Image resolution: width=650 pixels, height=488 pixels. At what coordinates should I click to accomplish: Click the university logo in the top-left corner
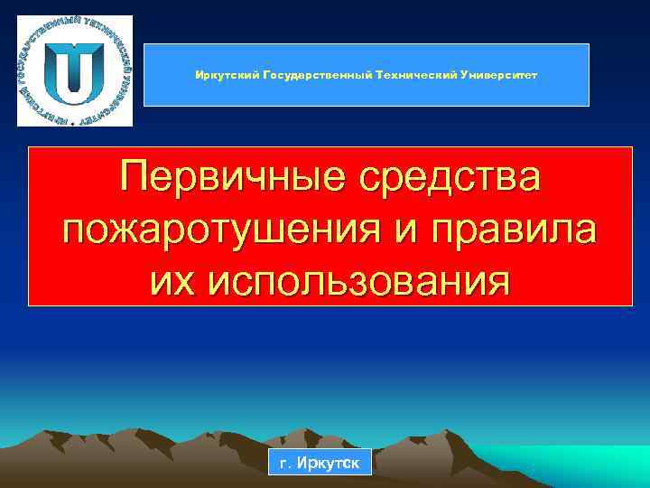(x=75, y=70)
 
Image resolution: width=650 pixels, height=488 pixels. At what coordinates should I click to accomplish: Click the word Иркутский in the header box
(x=223, y=75)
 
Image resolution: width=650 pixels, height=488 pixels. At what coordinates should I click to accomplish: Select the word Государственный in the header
(x=307, y=75)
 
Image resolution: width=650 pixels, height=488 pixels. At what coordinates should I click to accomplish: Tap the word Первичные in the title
(x=230, y=176)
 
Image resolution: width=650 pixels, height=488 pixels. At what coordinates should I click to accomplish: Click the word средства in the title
(x=445, y=176)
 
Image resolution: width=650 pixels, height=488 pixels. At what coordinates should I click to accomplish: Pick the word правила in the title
(x=521, y=229)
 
